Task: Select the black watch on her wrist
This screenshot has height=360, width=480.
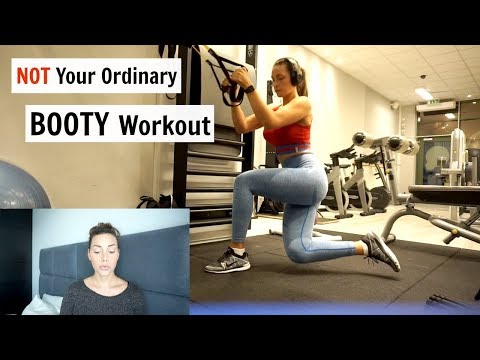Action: click(249, 90)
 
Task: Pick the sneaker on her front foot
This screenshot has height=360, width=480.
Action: click(228, 263)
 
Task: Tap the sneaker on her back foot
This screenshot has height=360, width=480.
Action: click(382, 251)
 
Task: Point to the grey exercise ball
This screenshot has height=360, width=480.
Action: click(22, 186)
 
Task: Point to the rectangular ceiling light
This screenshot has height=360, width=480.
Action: click(424, 94)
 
